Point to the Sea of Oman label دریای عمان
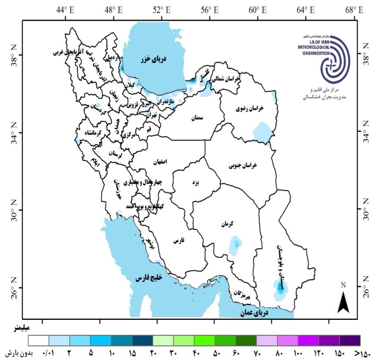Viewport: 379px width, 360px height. [x=255, y=313]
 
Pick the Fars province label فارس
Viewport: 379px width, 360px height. [x=178, y=241]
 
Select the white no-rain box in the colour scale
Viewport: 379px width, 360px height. [x=39, y=340]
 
